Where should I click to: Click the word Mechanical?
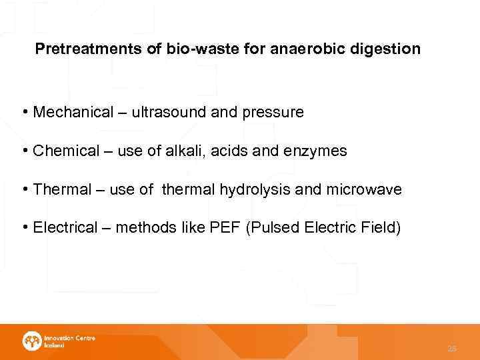click(x=73, y=112)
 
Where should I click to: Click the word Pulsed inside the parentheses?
click(x=273, y=228)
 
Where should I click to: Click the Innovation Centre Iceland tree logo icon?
click(x=31, y=341)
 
